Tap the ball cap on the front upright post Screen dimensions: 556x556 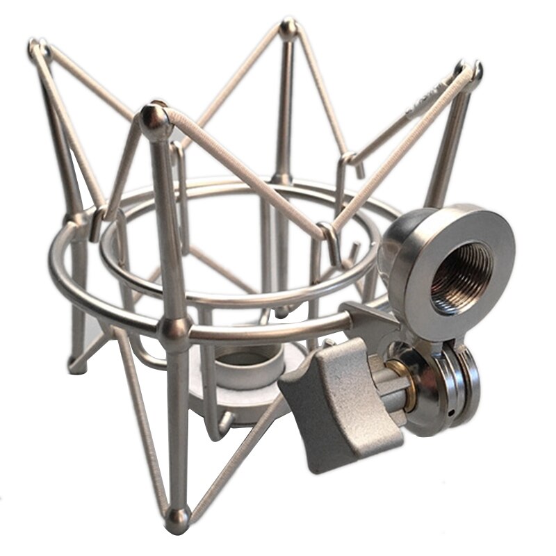point(154,119)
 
